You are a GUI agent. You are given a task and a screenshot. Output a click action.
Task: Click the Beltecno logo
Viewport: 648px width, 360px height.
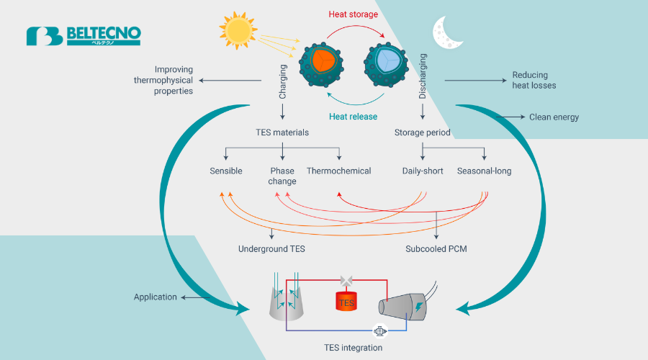(x=84, y=36)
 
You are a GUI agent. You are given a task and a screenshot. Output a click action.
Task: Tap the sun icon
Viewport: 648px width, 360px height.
(x=238, y=30)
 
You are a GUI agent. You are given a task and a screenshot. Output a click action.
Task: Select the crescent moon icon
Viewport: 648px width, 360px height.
(x=444, y=32)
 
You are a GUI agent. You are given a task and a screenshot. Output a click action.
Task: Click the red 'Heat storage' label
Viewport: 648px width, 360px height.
(x=353, y=14)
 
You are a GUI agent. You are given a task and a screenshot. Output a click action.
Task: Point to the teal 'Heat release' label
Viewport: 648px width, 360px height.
(x=353, y=117)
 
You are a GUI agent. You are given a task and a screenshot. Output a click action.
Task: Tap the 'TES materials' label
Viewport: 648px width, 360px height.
(x=282, y=132)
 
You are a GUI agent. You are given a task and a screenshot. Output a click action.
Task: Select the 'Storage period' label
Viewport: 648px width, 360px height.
(x=423, y=132)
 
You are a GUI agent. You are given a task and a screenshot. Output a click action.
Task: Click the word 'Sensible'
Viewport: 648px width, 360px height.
(x=226, y=171)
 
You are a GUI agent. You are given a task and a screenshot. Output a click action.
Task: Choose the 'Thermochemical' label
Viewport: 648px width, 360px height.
(x=338, y=171)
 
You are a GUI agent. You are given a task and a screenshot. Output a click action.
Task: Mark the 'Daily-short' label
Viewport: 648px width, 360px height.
(x=423, y=171)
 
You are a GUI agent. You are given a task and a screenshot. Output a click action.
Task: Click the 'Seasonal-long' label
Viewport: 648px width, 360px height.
(x=484, y=171)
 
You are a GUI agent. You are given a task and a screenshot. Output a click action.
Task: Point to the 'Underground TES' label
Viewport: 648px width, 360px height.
(x=271, y=249)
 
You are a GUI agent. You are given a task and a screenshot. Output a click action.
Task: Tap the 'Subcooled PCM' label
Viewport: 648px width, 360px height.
(x=436, y=249)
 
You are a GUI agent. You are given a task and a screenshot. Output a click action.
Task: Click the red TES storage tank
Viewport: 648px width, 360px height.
(x=346, y=301)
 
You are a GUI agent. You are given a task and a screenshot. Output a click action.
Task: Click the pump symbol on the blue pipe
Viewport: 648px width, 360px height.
(x=378, y=331)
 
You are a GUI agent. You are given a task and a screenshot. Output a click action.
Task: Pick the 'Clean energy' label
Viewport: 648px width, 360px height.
(x=554, y=117)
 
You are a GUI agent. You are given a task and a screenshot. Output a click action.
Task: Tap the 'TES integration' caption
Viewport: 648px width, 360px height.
(x=353, y=348)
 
